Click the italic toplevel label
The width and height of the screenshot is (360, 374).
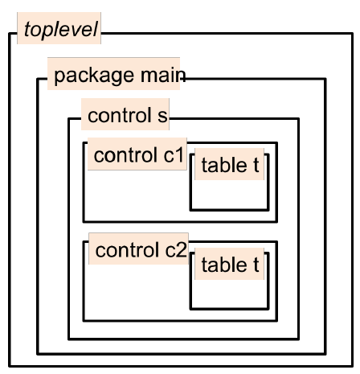tap(61, 30)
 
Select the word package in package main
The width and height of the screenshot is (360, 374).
tap(94, 76)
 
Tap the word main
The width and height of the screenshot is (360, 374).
tap(163, 75)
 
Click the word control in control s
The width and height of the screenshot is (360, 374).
tap(120, 115)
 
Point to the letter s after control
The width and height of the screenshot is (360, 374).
tap(162, 117)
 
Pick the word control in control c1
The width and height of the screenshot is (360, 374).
tap(125, 155)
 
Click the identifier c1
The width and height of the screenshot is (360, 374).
tap(174, 155)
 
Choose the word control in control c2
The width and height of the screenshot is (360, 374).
tap(127, 250)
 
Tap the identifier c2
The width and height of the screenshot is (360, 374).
tap(176, 250)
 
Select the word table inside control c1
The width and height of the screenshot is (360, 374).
tap(224, 165)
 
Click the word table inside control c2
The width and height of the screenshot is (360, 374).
tap(224, 265)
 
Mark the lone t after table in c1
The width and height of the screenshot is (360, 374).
tap(256, 166)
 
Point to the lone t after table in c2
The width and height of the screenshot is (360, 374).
tap(256, 265)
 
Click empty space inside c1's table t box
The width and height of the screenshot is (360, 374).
tap(229, 195)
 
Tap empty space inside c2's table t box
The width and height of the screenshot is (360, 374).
tap(229, 294)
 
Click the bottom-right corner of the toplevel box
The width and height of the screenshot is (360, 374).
tap(352, 366)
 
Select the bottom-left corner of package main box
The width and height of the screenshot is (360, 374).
tap(38, 354)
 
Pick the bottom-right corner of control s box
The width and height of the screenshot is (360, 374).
tap(298, 339)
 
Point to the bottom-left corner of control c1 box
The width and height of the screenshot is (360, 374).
tap(84, 221)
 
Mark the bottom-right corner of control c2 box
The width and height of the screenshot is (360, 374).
tap(276, 320)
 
